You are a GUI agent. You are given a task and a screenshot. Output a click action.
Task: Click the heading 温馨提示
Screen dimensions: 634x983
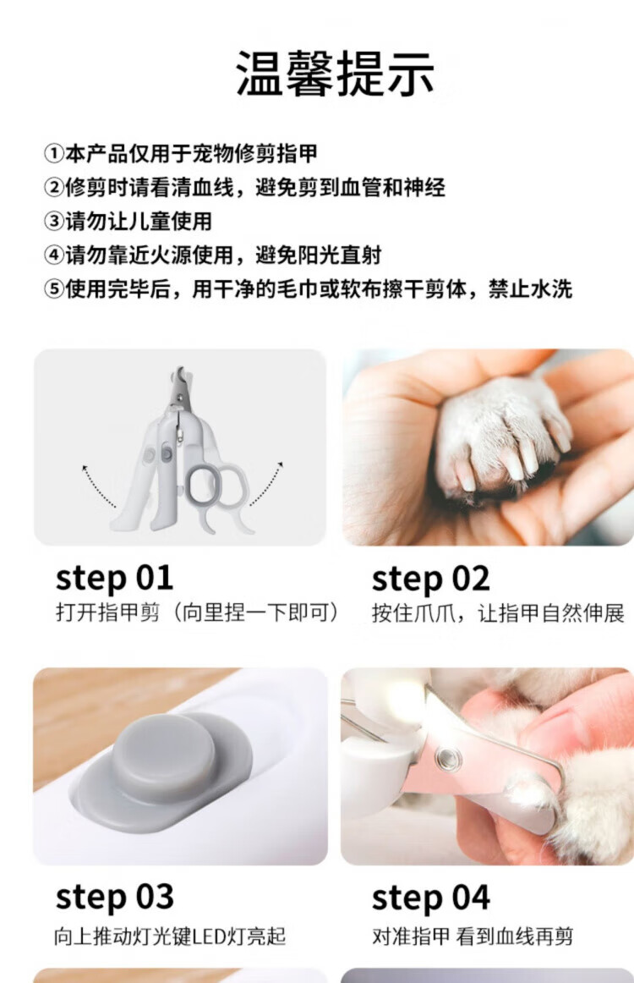335,74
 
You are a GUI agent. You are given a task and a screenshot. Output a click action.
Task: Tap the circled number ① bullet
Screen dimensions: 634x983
54,153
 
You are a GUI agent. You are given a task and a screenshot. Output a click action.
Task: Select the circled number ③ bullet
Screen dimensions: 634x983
54,221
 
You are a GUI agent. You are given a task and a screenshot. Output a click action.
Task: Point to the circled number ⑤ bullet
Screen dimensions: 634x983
54,289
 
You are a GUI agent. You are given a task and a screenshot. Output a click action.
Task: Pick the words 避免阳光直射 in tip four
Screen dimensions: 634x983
318,255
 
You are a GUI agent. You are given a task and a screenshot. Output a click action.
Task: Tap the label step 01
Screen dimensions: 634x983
114,578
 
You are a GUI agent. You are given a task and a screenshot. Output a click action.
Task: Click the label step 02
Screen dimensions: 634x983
430,578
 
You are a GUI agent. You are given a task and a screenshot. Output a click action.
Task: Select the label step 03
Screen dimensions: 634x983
115,897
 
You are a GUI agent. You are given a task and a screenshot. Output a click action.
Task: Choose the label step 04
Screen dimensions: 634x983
430,897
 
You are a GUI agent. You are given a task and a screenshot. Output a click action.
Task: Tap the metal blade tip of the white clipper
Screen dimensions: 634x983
181,376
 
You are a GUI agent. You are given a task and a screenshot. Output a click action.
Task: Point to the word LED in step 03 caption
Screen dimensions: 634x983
209,936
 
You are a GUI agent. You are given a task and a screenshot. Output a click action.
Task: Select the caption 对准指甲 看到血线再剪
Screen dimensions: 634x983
473,936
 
